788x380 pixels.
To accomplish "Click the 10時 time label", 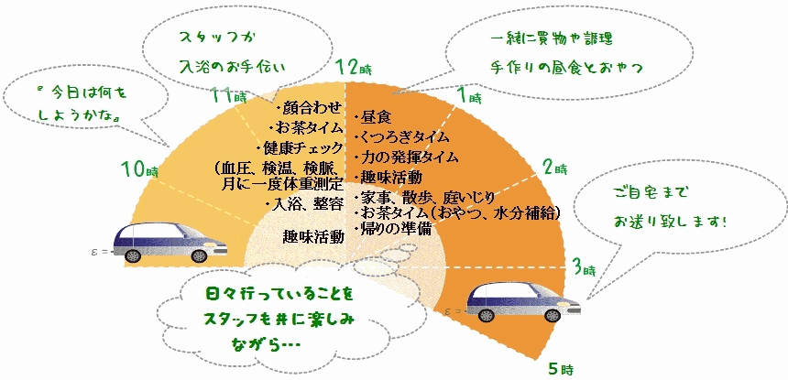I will (x=139, y=168).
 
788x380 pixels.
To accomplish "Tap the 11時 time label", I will (x=227, y=95).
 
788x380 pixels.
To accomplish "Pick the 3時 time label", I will (x=584, y=269).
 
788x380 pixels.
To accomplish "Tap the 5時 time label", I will (x=560, y=369).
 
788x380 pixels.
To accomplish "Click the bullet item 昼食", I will (x=378, y=118).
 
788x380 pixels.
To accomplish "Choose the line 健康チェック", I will (x=301, y=147).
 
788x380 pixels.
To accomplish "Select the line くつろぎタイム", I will (x=404, y=137).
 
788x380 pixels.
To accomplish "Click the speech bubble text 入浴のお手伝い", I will (x=233, y=67).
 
